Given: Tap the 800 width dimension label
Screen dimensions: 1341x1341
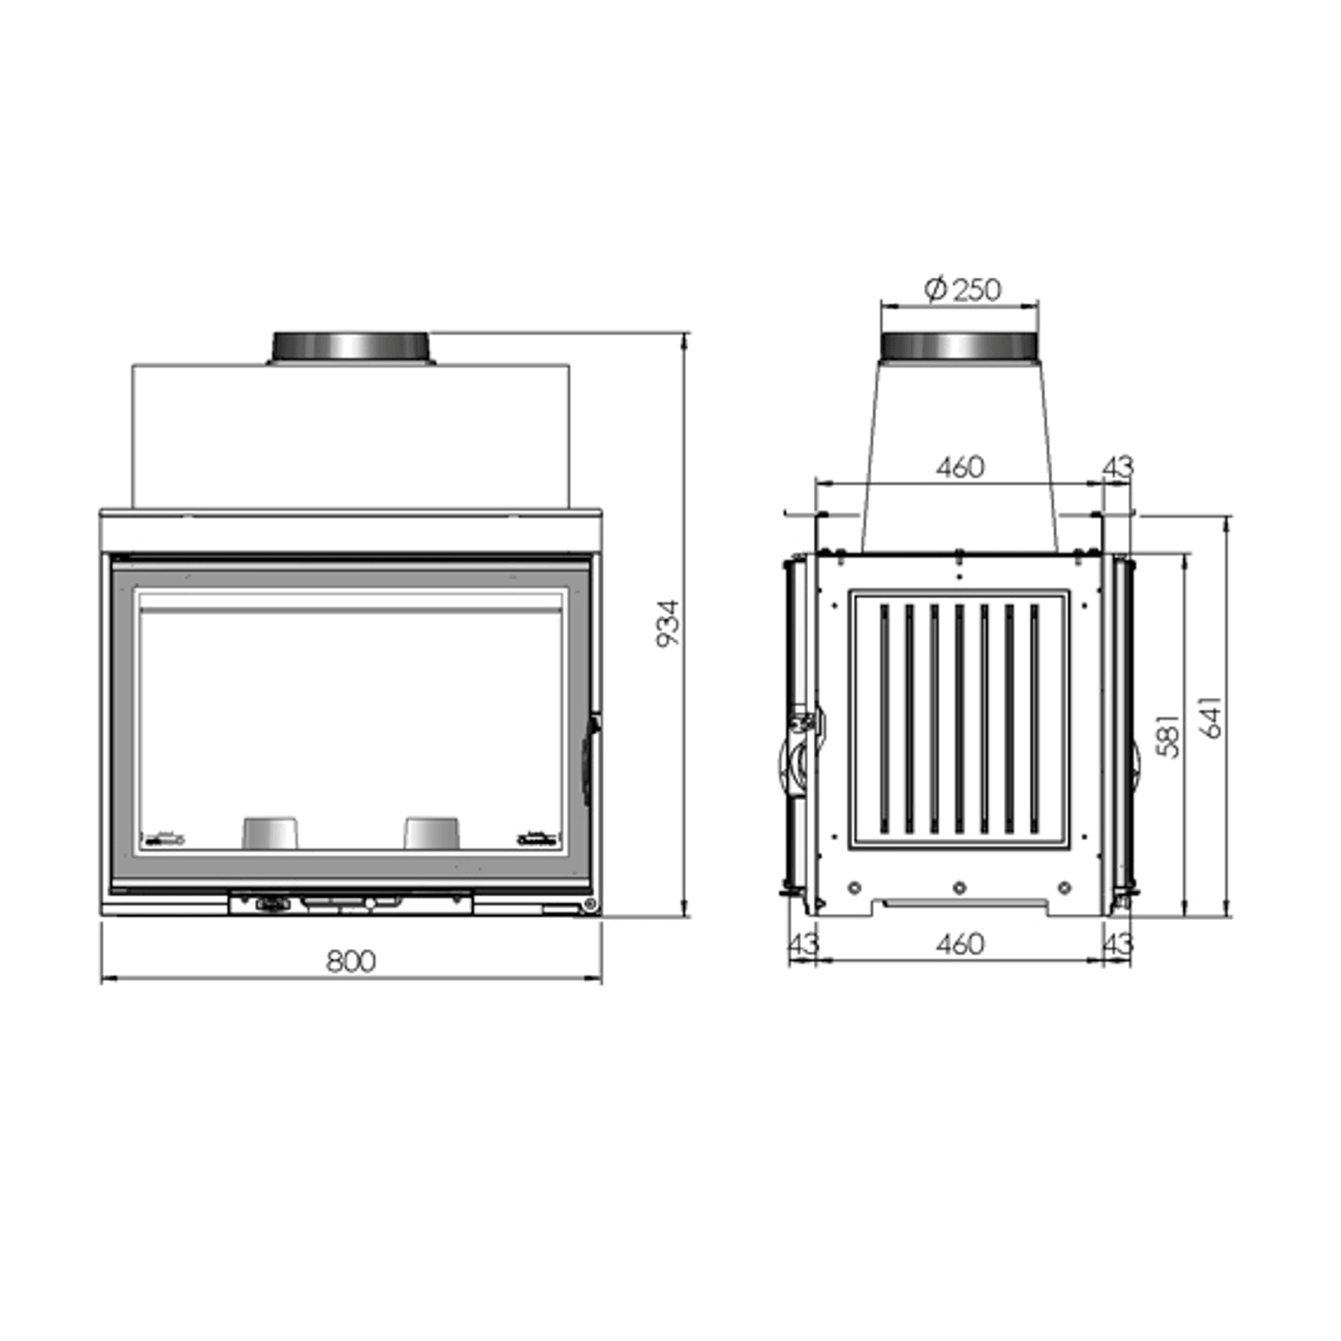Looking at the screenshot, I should coord(350,961).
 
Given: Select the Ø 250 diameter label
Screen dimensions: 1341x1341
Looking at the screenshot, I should coord(963,289).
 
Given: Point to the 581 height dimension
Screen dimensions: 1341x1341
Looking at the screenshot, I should coord(1168,735).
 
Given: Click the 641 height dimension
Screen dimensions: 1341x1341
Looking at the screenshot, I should coord(1211,717).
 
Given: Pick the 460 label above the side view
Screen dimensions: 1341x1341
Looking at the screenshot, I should coord(959,467).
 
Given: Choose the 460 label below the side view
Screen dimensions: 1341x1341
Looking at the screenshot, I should coord(959,944).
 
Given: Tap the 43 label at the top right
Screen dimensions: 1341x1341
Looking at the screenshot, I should coord(1118,467).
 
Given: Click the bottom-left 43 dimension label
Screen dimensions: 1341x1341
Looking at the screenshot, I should coord(803,944).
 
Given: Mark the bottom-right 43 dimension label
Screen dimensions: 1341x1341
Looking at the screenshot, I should coord(1117,944).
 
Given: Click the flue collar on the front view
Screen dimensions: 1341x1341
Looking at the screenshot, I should coord(350,347).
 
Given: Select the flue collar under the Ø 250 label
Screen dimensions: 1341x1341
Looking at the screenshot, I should coord(959,346).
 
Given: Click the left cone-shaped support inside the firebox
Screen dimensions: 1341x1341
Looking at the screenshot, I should coord(270,833).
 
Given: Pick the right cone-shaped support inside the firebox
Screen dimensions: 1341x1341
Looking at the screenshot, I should coord(432,833).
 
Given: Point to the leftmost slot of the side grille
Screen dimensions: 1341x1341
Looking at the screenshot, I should coord(884,719).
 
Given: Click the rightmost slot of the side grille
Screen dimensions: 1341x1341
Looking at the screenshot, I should coord(1035,719).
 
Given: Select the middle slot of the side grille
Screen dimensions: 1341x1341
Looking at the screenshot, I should coord(959,719).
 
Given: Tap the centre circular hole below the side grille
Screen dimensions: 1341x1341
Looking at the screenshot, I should coord(959,887).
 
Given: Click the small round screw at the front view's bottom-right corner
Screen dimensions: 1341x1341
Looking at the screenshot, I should coord(590,904).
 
